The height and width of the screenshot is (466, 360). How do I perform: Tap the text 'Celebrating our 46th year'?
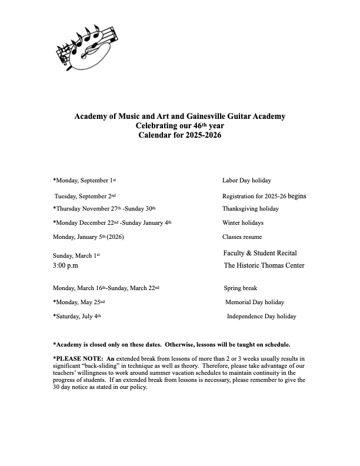pyautogui.click(x=180, y=125)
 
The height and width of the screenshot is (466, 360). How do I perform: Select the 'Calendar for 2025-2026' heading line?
pyautogui.click(x=180, y=135)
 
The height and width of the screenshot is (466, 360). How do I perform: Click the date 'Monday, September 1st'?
pyautogui.click(x=85, y=181)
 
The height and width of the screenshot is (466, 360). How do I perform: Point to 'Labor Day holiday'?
pyautogui.click(x=246, y=181)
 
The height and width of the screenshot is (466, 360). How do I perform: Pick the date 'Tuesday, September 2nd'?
pyautogui.click(x=85, y=196)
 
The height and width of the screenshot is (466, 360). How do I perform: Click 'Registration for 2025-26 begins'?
pyautogui.click(x=264, y=196)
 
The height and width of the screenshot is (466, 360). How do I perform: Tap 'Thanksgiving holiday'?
pyautogui.click(x=251, y=209)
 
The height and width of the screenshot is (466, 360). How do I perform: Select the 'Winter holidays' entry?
pyautogui.click(x=243, y=223)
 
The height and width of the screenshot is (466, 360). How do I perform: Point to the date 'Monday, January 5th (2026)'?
pyautogui.click(x=88, y=237)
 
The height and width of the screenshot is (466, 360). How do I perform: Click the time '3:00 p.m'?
pyautogui.click(x=69, y=266)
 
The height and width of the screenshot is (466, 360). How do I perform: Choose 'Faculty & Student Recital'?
pyautogui.click(x=260, y=253)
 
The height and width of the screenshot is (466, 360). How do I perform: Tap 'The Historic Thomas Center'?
pyautogui.click(x=264, y=265)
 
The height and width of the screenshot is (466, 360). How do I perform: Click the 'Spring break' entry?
pyautogui.click(x=241, y=288)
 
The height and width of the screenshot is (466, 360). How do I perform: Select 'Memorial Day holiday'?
pyautogui.click(x=255, y=302)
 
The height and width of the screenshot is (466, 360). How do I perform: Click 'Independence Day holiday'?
pyautogui.click(x=261, y=317)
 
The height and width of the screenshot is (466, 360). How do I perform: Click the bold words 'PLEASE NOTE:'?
pyautogui.click(x=79, y=358)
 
